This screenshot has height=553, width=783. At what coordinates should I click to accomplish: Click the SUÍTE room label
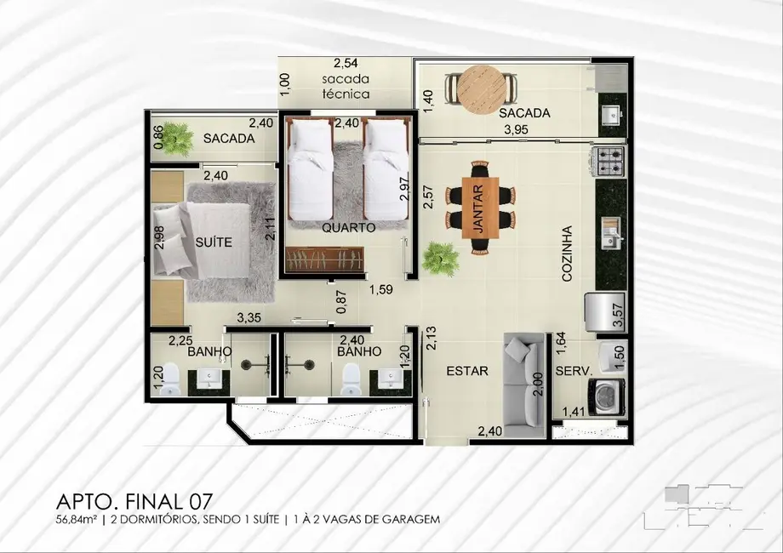coord(213,242)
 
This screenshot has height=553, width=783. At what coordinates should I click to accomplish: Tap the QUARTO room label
coord(349,228)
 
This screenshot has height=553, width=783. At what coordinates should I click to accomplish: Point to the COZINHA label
coord(568,253)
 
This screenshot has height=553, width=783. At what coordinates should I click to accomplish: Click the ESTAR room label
coord(467,371)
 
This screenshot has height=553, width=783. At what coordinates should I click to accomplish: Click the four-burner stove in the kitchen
coord(610,158)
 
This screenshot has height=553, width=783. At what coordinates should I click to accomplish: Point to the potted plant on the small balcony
coord(178,138)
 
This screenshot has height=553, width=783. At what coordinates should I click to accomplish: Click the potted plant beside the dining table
coord(439,256)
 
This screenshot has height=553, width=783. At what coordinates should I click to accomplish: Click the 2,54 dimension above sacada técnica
coord(346,63)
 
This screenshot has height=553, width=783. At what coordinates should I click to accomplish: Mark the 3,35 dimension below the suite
coord(248,318)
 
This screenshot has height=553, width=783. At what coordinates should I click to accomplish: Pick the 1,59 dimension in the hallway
coord(380,291)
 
